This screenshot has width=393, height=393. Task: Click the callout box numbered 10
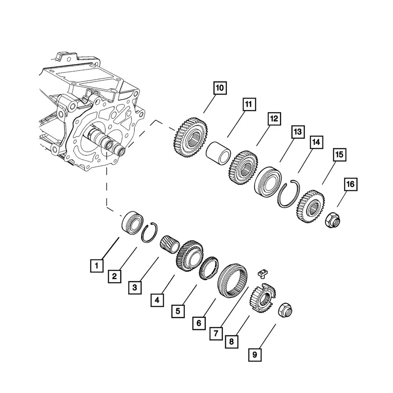(x=219, y=88)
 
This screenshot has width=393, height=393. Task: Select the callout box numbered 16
(x=350, y=185)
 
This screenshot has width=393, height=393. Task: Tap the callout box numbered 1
(x=97, y=267)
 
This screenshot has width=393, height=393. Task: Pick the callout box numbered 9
(x=255, y=355)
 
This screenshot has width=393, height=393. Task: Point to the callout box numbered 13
(x=297, y=132)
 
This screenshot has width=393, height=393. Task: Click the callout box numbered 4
(x=157, y=300)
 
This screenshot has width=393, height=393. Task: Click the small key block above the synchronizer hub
(x=263, y=273)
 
